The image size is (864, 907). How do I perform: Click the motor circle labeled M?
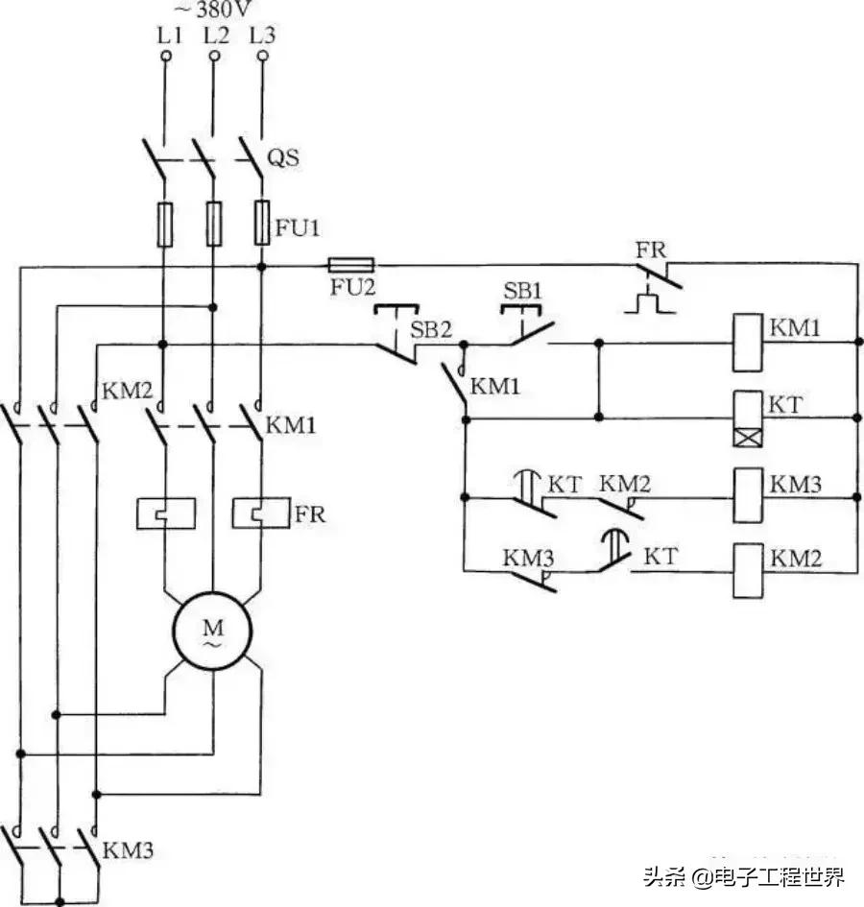point(211,632)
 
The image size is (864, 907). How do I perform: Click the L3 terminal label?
point(261,36)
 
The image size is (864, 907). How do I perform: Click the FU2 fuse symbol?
point(351,263)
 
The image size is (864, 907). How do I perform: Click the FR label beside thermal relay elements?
point(310,514)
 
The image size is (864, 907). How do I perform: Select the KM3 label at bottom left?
point(128,849)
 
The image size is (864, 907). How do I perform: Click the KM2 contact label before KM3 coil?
point(625,483)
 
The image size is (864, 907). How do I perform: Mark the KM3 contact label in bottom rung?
point(528,557)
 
